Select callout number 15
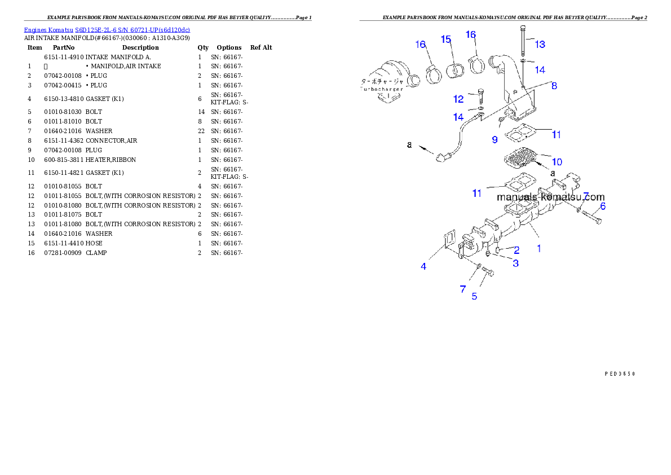click(446, 39)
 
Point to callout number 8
click(554, 86)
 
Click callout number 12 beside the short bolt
click(458, 99)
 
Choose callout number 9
click(495, 138)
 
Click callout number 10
click(556, 162)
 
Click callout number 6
click(602, 206)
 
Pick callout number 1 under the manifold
click(538, 248)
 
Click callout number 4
click(423, 266)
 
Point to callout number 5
click(474, 296)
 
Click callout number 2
click(516, 250)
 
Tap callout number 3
click(515, 263)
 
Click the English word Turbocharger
click(382, 90)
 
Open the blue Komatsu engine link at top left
click(107, 29)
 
